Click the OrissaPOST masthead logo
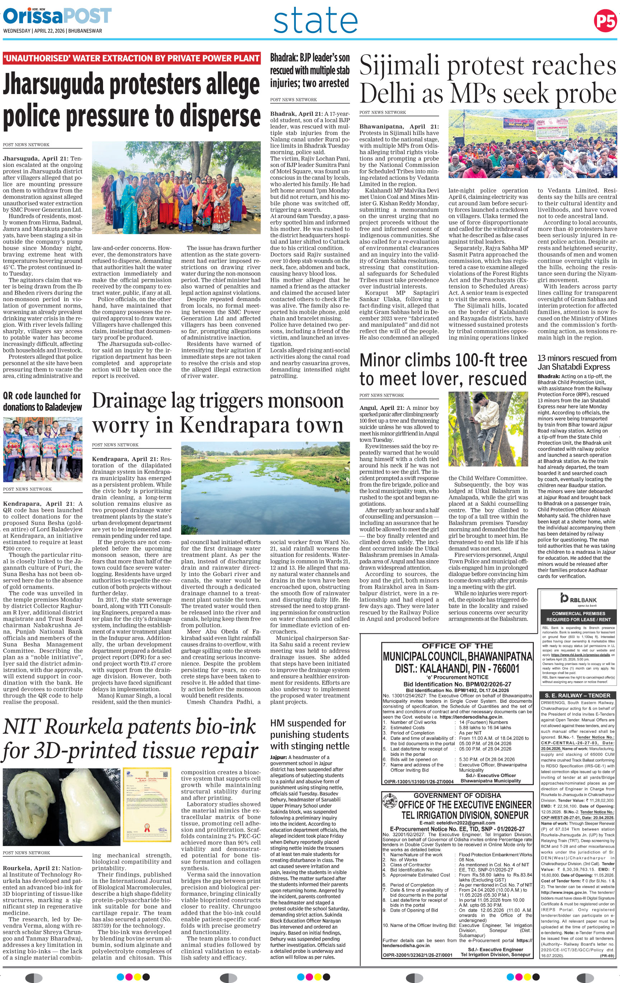pyautogui.click(x=57, y=16)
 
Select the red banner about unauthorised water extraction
pyautogui.click(x=131, y=58)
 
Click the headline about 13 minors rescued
pyautogui.click(x=577, y=362)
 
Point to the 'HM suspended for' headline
pyautogui.click(x=308, y=723)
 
